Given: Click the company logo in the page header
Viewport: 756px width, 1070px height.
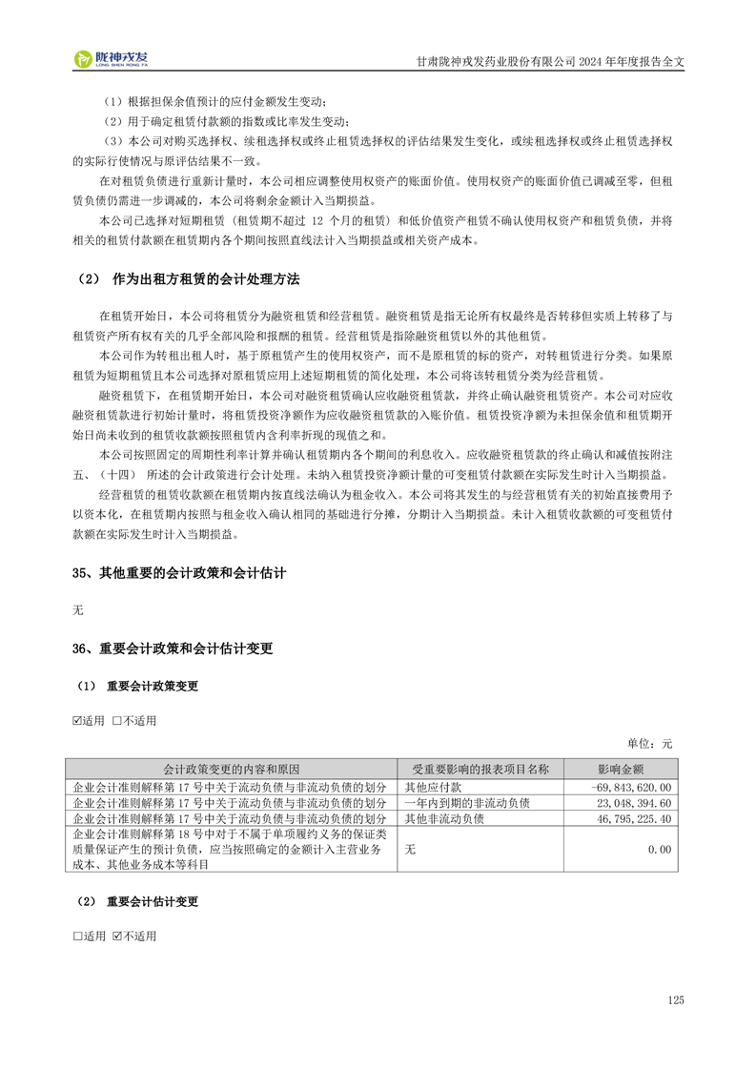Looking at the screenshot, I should tap(112, 60).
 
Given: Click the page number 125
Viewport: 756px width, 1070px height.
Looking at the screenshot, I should tap(676, 999).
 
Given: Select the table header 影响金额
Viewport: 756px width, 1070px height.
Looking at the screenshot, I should tap(621, 769).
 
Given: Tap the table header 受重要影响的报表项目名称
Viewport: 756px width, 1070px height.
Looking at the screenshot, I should tap(480, 769).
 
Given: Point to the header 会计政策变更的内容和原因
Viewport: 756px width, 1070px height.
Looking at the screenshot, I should tap(232, 769).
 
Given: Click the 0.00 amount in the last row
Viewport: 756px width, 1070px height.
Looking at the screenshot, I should tap(660, 849).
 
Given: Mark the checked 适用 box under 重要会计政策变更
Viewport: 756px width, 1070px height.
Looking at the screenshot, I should tap(78, 720).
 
